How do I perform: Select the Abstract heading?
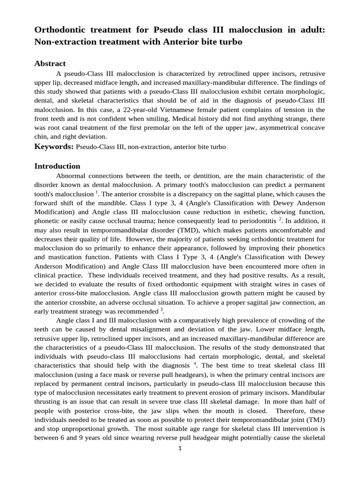tap(50, 63)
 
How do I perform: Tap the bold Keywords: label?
tap(54, 147)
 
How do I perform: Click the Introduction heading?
tap(57, 166)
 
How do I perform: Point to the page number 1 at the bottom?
tap(180, 448)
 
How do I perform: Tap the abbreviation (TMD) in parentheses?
tap(180, 230)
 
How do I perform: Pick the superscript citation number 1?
tap(97, 192)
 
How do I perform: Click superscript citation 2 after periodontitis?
tap(280, 218)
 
